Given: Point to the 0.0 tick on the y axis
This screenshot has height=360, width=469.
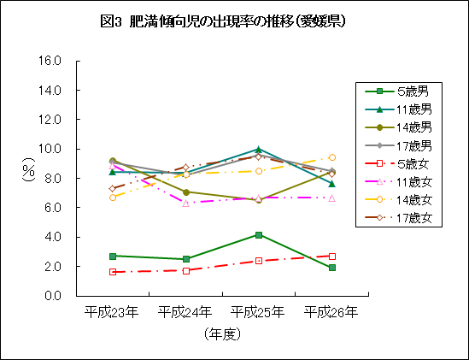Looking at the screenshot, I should tap(54, 296).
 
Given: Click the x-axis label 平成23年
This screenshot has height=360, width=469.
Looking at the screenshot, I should tap(112, 311).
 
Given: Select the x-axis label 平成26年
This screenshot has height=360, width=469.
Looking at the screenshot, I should tap(331, 311).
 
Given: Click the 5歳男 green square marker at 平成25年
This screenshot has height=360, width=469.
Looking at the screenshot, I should tap(259, 234).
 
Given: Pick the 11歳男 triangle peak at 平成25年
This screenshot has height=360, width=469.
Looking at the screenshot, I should tap(259, 149).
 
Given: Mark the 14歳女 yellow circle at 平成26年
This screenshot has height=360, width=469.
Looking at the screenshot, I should tap(331, 157).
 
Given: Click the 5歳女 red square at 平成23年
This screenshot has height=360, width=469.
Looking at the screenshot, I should tap(112, 272).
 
